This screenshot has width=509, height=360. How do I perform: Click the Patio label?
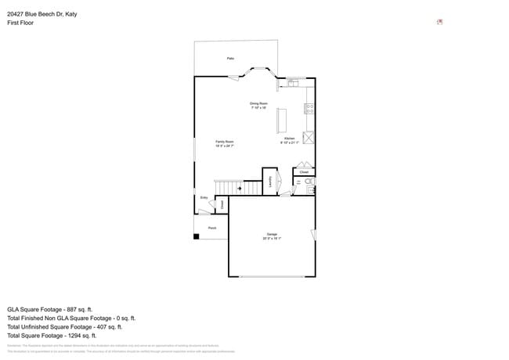230,59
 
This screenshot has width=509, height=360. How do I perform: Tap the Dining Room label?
258,103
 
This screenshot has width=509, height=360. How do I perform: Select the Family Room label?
225,142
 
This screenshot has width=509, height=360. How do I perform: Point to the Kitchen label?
289,139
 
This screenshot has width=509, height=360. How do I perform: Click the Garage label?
272,234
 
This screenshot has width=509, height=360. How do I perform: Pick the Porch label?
211,228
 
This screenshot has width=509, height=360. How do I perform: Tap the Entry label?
204,198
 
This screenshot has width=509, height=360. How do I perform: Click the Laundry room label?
269,181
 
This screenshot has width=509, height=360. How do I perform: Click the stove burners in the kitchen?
309,108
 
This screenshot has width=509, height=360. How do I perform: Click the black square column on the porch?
197,236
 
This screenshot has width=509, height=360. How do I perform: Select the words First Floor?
20,23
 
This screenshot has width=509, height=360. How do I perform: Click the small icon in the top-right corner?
439,22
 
